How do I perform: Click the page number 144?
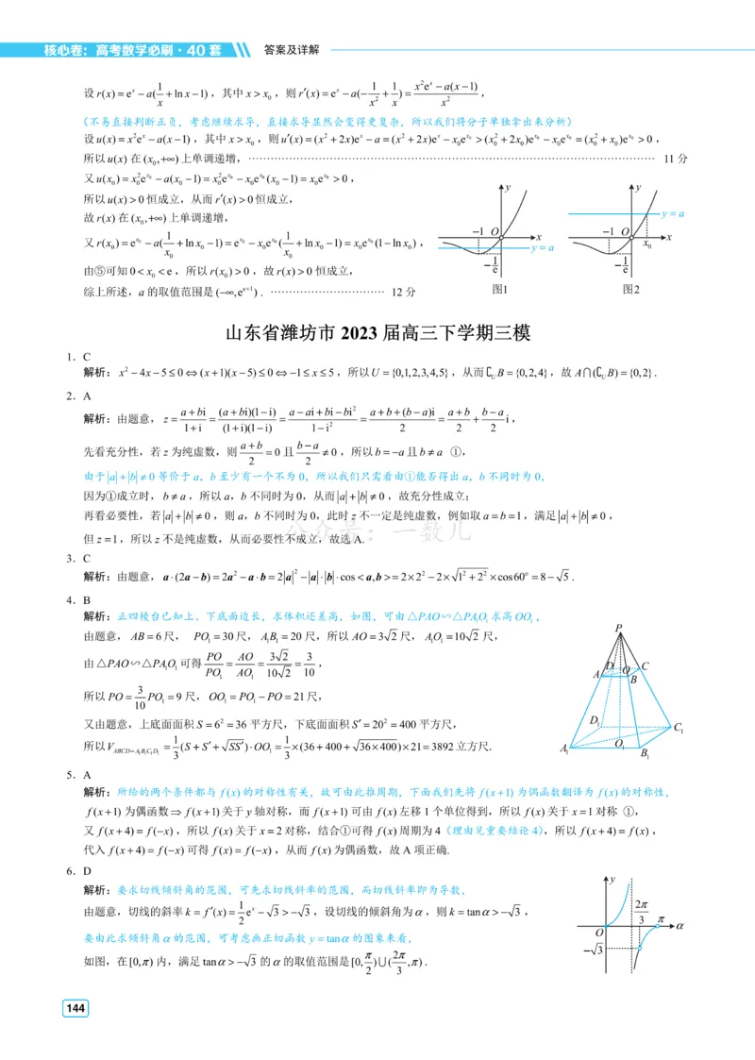coord(75,1009)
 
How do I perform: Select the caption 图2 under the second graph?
coord(631,289)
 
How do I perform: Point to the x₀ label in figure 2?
coord(647,244)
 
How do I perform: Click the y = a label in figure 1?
coord(543,248)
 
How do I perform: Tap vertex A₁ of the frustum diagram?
coord(566,749)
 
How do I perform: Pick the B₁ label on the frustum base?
coord(646,753)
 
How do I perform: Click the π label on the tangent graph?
coord(661,917)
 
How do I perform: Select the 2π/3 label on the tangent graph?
coord(642,912)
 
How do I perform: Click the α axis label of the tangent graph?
coord(679,928)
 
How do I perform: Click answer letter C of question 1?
coord(87,357)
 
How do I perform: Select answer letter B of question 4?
coord(87,599)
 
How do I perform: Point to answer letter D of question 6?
coord(87,871)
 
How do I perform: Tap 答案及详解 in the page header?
coord(292,49)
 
